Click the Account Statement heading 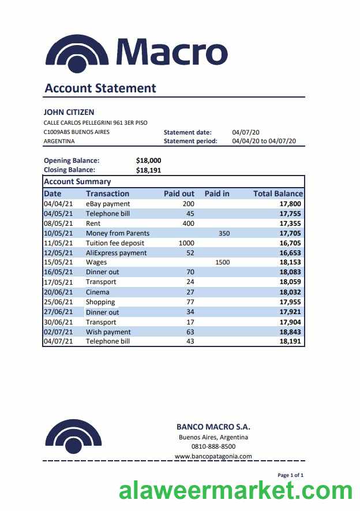(x=100, y=88)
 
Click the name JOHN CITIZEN (x=69, y=112)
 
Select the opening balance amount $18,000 (x=149, y=161)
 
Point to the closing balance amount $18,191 (x=149, y=170)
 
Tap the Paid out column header (x=179, y=194)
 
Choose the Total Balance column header (x=277, y=194)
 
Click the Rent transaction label (x=93, y=223)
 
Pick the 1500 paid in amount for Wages (x=222, y=263)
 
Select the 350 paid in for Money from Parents (x=224, y=233)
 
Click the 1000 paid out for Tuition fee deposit (x=186, y=243)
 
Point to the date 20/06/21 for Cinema (x=58, y=292)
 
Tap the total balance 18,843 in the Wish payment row (x=290, y=332)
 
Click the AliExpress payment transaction (x=116, y=253)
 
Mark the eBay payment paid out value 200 (x=188, y=204)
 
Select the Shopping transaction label (x=100, y=302)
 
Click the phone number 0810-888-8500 (x=213, y=446)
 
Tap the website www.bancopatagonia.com (x=213, y=456)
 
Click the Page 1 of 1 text (x=290, y=475)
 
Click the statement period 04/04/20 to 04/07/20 (x=264, y=141)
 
